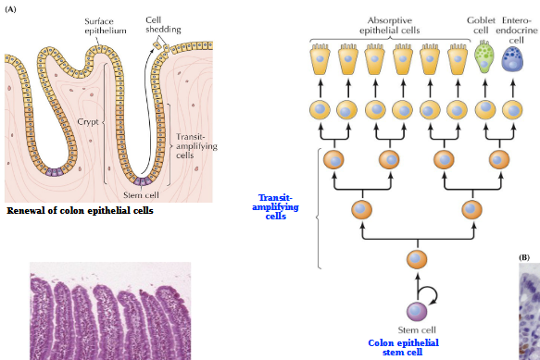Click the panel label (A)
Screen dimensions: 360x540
pos(11,8)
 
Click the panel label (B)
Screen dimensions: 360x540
pos(523,256)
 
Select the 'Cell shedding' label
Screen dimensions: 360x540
pos(163,24)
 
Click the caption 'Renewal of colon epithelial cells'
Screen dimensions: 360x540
pos(80,210)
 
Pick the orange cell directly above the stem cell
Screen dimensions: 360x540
pos(417,259)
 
